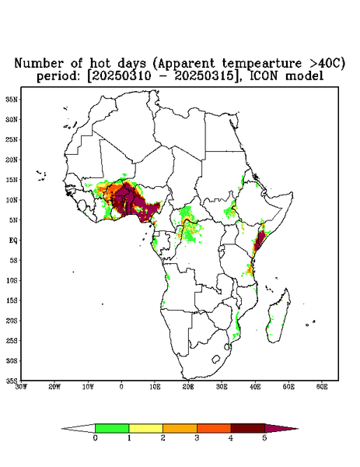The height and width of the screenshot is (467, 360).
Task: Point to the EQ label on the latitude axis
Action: (12, 240)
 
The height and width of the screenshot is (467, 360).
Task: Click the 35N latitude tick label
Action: (12, 99)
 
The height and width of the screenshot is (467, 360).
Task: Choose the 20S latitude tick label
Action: (12, 321)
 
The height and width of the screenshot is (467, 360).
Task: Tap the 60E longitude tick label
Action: (322, 387)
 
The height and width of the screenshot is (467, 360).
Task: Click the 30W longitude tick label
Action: (21, 387)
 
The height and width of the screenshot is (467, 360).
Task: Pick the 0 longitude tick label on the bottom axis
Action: (121, 387)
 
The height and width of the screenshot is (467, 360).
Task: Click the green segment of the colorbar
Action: (112, 428)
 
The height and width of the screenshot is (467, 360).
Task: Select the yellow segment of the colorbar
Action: (145, 428)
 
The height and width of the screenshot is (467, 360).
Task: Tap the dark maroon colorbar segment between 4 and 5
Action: (248, 428)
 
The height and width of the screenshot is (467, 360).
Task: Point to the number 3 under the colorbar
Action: (197, 438)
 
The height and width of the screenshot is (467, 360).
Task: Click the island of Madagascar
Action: (279, 317)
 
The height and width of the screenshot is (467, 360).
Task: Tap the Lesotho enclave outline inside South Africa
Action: (215, 359)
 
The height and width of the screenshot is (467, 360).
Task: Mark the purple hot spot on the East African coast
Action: (260, 241)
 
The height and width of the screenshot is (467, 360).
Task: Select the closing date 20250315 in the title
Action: (205, 75)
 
